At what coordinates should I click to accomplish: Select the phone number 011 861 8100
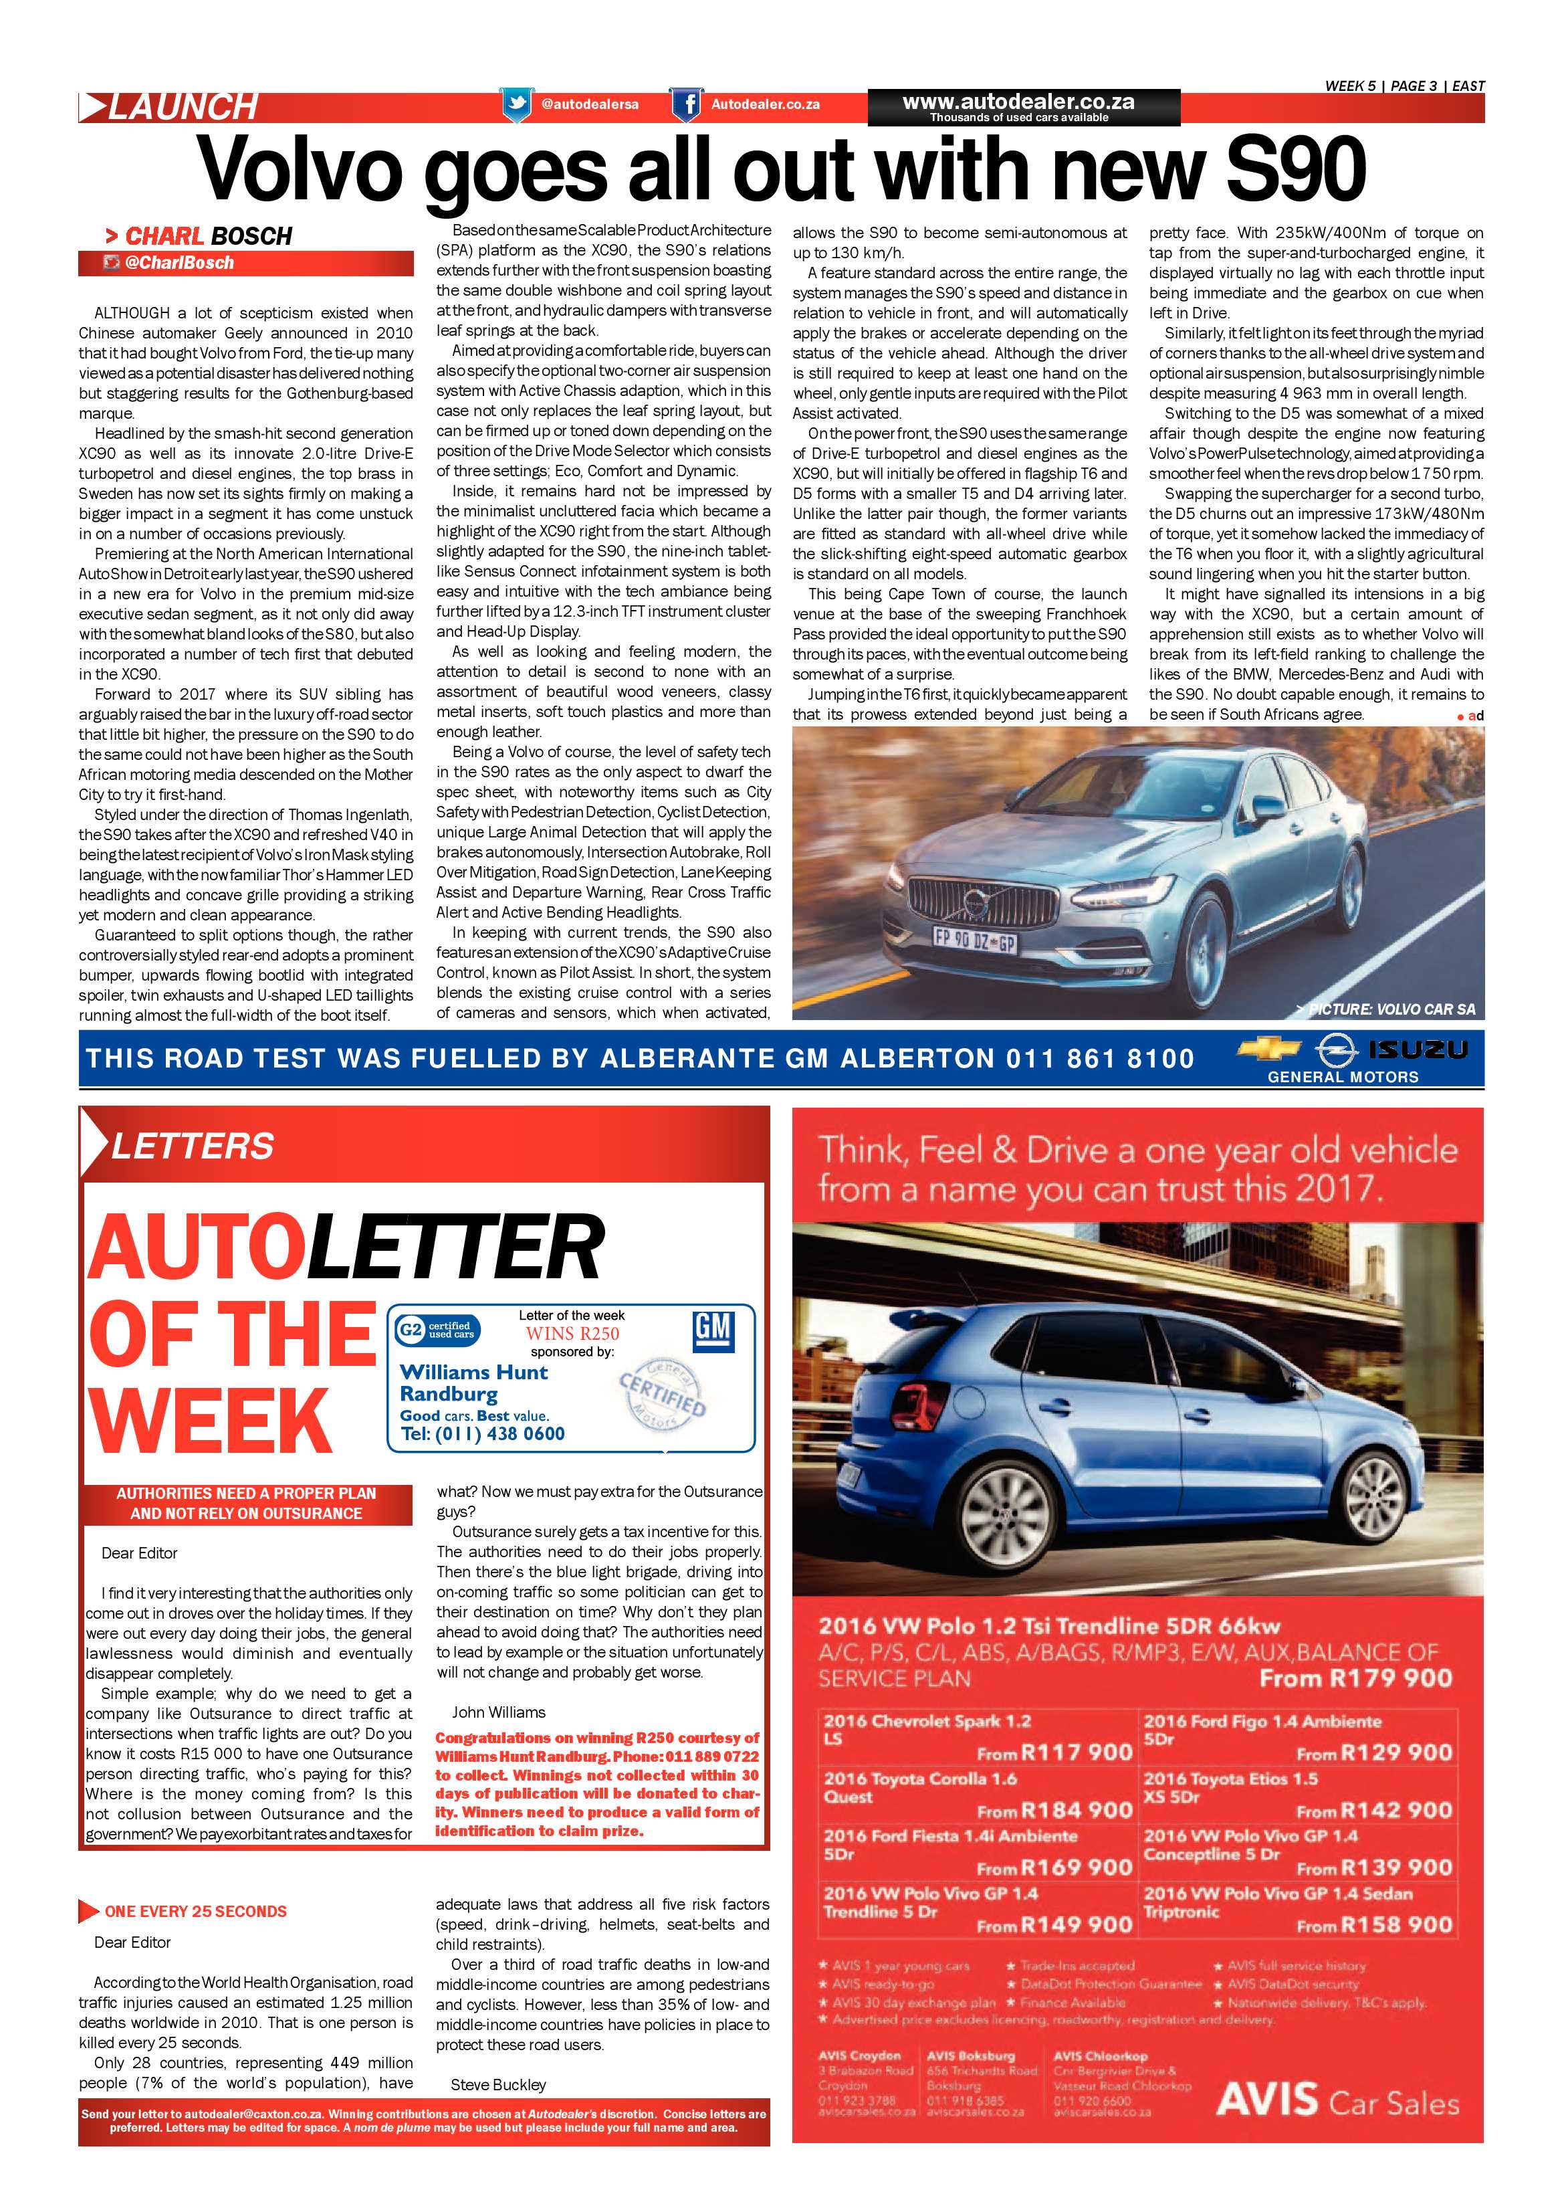[1100, 1059]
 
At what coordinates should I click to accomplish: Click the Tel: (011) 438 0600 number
[483, 1433]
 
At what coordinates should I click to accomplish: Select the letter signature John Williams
[499, 1712]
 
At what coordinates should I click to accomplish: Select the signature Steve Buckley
[498, 2085]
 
